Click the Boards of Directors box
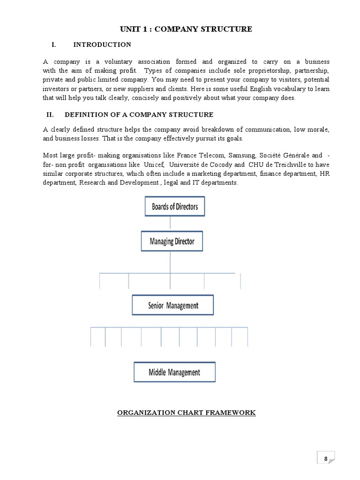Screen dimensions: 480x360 point(175,206)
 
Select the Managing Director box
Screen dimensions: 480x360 point(172,241)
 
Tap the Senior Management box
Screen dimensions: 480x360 point(173,305)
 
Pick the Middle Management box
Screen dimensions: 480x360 point(174,372)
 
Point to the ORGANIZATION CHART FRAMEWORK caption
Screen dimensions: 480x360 point(186,412)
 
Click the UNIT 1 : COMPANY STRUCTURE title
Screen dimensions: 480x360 point(186,29)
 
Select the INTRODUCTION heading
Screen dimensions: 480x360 point(102,45)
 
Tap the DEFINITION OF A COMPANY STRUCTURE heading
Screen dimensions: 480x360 point(139,114)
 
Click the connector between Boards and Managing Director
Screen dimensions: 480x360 point(170,223)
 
